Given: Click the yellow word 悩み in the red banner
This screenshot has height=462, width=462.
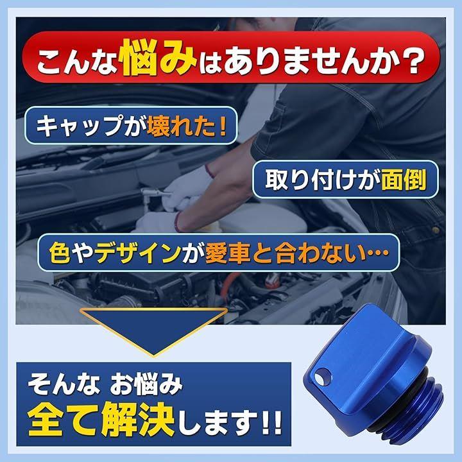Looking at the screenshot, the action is (158, 58).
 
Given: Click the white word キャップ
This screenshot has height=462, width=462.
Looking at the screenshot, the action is (78, 126).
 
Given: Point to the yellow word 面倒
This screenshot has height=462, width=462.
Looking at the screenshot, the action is (404, 180).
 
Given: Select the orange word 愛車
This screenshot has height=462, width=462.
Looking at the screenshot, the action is (227, 253).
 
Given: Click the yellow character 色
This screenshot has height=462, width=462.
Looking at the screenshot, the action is (60, 253).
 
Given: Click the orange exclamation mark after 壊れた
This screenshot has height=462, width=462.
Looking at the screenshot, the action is (223, 126).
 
